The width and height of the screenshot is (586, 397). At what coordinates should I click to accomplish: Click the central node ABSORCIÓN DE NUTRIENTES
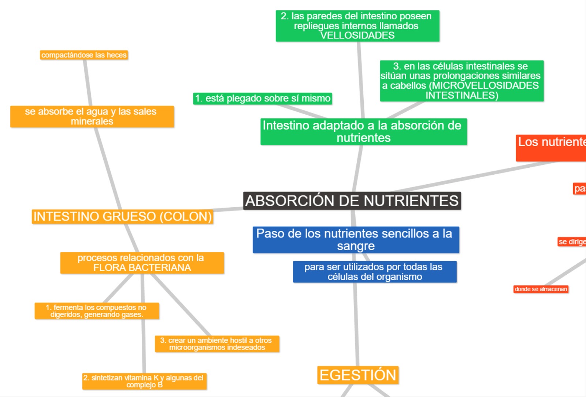[352, 201]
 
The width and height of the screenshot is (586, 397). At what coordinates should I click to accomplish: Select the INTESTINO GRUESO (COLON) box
[122, 216]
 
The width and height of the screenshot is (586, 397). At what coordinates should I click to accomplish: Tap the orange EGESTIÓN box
[358, 375]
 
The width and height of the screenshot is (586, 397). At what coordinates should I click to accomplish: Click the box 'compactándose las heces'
[84, 55]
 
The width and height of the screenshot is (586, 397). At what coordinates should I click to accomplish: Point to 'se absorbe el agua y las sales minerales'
[92, 116]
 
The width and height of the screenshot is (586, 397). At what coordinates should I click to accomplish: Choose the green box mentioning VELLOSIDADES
[357, 26]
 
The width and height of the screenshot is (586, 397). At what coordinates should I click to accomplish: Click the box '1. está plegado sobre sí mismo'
[263, 99]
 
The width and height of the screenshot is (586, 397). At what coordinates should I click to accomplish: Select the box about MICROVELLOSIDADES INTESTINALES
[461, 81]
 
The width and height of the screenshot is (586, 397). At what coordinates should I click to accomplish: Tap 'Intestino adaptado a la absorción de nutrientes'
[363, 131]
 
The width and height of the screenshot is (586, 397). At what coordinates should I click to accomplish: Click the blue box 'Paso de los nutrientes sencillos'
[356, 240]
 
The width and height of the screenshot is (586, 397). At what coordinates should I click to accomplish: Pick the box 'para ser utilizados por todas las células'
[375, 272]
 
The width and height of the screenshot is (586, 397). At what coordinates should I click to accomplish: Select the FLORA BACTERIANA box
[142, 263]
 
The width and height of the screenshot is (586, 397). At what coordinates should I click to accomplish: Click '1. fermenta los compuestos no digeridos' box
[97, 311]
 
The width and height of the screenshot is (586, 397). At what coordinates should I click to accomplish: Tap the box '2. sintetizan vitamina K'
[144, 381]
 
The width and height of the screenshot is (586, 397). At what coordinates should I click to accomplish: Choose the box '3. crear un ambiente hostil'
[217, 344]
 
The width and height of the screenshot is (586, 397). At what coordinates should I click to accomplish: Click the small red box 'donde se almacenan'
[541, 289]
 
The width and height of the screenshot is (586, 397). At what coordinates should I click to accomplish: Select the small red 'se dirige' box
[571, 242]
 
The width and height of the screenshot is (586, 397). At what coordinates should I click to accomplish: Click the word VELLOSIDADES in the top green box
[357, 36]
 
